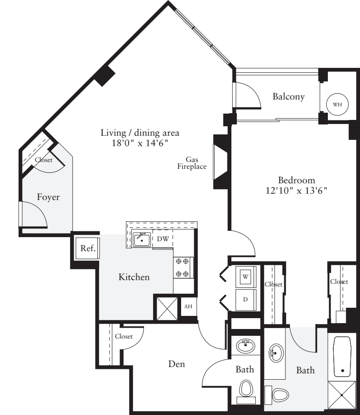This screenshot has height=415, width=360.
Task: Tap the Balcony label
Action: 288,96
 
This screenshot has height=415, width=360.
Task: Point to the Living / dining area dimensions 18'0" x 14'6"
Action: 140,143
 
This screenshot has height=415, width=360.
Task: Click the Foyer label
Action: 48,197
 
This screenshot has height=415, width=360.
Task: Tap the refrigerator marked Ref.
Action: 87,248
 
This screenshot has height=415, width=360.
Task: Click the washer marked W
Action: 246,276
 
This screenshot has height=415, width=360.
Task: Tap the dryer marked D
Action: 246,300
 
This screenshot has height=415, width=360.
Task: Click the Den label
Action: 176,363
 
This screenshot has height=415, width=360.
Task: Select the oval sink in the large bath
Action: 275,353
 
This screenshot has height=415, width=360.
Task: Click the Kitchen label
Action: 134,277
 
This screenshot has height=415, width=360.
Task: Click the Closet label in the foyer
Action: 44,160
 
